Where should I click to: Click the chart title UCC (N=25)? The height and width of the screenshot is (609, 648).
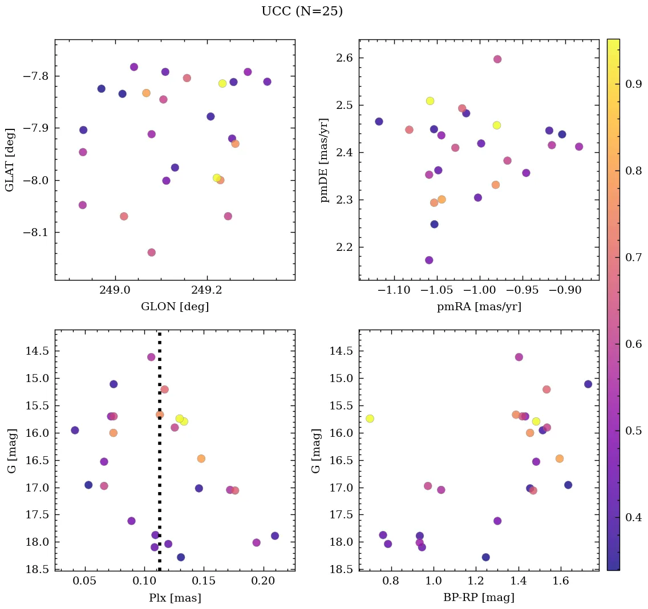point(302,11)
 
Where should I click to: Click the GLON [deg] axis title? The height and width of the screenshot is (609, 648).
point(175,307)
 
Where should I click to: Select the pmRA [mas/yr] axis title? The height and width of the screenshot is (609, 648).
point(479,307)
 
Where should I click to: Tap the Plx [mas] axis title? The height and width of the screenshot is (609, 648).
point(175,598)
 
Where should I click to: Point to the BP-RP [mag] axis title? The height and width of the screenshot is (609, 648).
point(479,598)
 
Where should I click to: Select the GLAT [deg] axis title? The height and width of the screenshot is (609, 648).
point(10,160)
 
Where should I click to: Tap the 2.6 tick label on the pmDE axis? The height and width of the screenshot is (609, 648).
point(343,58)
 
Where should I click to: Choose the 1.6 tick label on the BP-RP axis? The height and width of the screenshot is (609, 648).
point(561,581)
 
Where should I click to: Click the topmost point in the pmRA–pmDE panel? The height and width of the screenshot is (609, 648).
point(497,59)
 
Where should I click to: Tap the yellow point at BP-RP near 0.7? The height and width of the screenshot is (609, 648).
point(370,419)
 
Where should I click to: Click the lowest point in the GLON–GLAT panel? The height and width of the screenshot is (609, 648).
point(151,253)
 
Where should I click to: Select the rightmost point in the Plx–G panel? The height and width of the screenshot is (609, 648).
point(275,536)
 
